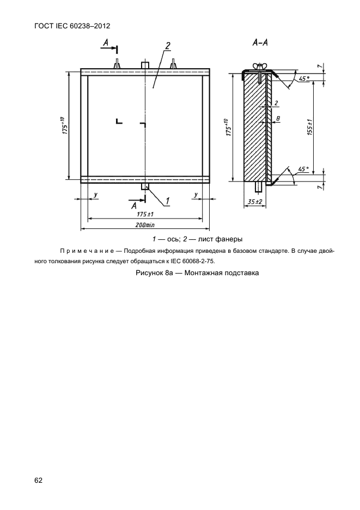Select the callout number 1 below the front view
[167, 201]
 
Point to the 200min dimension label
[145, 224]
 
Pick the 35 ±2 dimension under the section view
[255, 202]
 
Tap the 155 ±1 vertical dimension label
[309, 126]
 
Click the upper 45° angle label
[303, 78]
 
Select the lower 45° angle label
[303, 169]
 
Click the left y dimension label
[95, 194]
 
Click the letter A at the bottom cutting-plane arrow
[134, 205]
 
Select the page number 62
[38, 480]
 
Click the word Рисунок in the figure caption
[149, 273]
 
